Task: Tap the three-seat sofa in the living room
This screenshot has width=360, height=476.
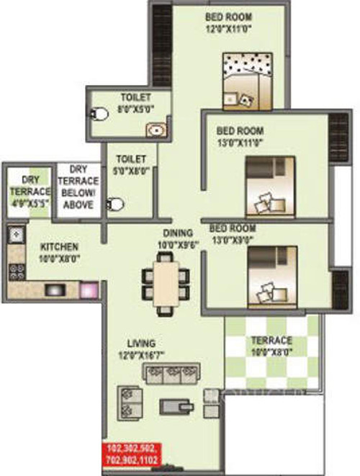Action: click(x=171, y=373)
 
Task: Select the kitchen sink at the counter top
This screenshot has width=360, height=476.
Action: click(x=16, y=233)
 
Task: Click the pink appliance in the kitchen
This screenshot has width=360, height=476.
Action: click(x=87, y=289)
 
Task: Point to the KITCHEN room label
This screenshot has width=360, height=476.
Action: click(x=58, y=246)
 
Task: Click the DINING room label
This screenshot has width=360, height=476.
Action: click(x=177, y=233)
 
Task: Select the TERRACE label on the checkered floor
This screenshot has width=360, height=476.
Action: click(x=271, y=340)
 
